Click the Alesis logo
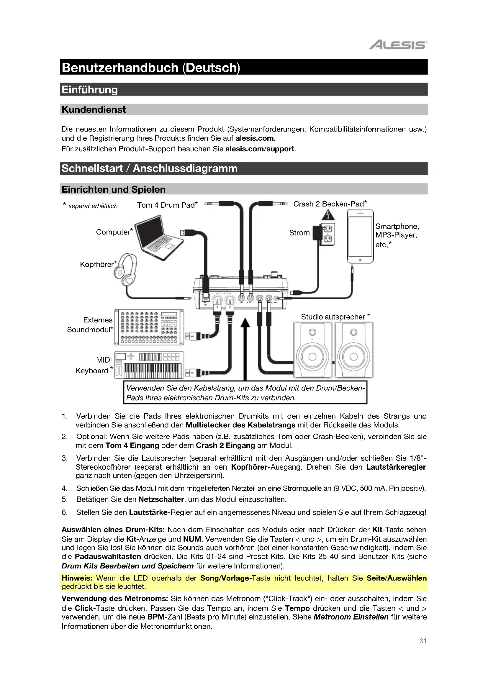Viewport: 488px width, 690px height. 397,45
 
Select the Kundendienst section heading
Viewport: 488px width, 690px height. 94,110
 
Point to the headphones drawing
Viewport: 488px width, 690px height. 126,269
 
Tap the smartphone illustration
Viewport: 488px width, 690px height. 360,236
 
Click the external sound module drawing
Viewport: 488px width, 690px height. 149,327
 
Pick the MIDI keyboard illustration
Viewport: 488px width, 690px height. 149,365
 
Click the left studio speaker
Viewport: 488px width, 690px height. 313,350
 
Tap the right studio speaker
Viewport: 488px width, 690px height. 354,350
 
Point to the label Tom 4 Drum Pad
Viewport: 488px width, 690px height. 167,205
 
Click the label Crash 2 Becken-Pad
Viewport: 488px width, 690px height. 330,204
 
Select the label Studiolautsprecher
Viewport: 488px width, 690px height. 333,317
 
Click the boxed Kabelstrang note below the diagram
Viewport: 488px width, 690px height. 245,393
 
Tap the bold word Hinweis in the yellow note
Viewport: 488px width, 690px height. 77,578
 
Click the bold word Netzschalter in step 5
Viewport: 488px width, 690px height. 161,499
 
